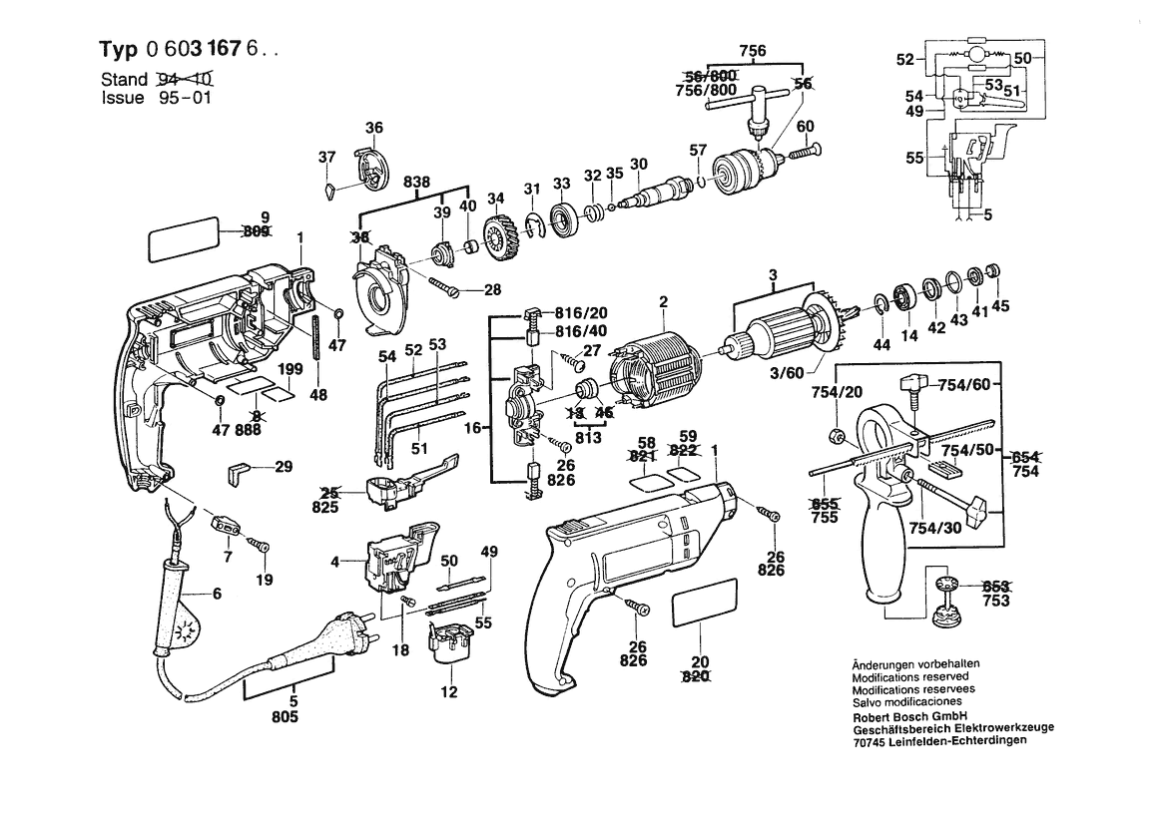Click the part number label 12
coord(449,691)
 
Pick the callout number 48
coord(317,394)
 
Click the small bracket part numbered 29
coord(240,471)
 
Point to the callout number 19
coord(263,578)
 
